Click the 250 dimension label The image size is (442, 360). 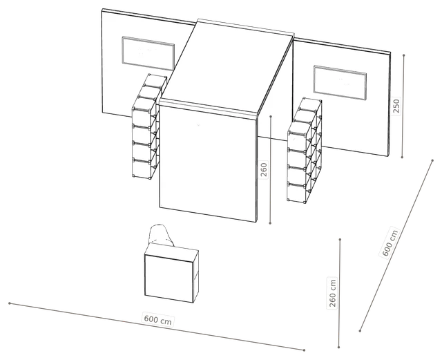pos(396,106)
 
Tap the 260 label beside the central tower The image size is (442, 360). pos(264,169)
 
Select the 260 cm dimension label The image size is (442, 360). pos(333,293)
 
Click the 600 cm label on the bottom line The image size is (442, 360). pos(158,319)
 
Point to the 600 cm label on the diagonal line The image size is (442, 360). pos(390,243)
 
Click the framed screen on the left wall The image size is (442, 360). pos(148,54)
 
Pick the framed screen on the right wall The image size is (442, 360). pos(340,83)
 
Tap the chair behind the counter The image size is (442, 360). pos(161,235)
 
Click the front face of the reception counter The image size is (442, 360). pos(169,275)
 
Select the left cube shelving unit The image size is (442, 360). pos(149,126)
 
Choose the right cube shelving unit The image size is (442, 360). pos(305,150)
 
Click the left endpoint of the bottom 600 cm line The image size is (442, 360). pos(10,303)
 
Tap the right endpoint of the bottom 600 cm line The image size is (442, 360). pos(304,350)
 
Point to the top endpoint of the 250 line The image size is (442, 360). pos(404,55)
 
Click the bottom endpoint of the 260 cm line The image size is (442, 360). pos(339,347)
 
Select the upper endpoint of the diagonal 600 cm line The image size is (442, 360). pos(432,160)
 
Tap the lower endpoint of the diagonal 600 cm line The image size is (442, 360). pos(360,331)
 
